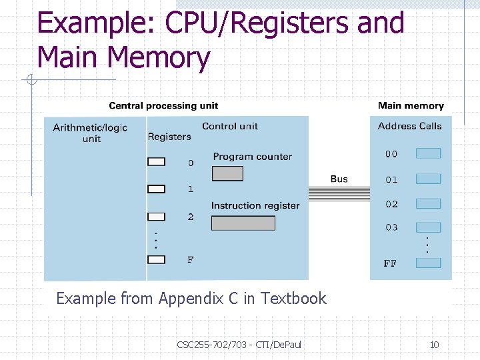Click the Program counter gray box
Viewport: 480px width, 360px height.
tap(227, 173)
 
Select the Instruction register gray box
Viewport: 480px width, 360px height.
tap(243, 223)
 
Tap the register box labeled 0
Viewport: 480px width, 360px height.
tap(156, 162)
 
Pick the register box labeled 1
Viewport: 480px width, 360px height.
tap(156, 189)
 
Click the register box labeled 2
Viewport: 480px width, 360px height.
tap(156, 217)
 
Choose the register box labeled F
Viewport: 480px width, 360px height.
tap(156, 259)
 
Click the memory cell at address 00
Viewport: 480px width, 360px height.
tap(428, 153)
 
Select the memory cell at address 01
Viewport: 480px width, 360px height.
tap(428, 179)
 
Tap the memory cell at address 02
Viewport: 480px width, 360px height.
tap(428, 203)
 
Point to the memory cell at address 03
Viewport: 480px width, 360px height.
tap(428, 227)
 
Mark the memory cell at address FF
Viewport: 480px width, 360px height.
tap(428, 263)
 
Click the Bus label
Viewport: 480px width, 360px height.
tap(339, 179)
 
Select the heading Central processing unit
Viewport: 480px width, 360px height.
tap(163, 105)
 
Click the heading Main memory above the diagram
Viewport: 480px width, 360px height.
tap(411, 105)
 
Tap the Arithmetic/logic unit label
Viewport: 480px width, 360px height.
tap(90, 133)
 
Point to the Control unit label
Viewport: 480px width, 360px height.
tap(230, 126)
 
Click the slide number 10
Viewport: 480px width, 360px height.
tap(434, 345)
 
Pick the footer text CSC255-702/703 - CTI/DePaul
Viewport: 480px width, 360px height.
tap(239, 345)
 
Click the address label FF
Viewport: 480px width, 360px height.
tap(390, 263)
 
